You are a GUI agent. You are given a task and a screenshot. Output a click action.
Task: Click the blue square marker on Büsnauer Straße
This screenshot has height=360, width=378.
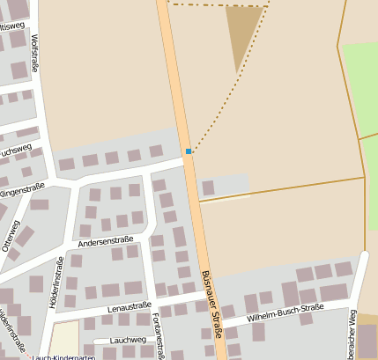[189, 151]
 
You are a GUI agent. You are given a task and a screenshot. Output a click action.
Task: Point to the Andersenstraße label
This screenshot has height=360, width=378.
[105, 240]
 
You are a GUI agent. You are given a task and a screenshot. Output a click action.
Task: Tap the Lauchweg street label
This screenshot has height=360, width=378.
[129, 339]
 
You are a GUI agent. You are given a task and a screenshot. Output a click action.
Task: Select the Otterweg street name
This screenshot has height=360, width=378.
[10, 236]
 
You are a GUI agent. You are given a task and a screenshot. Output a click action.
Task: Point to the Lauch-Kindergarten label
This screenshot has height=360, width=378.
[63, 356]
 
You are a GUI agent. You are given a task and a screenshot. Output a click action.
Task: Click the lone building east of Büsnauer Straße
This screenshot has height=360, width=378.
[209, 187]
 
